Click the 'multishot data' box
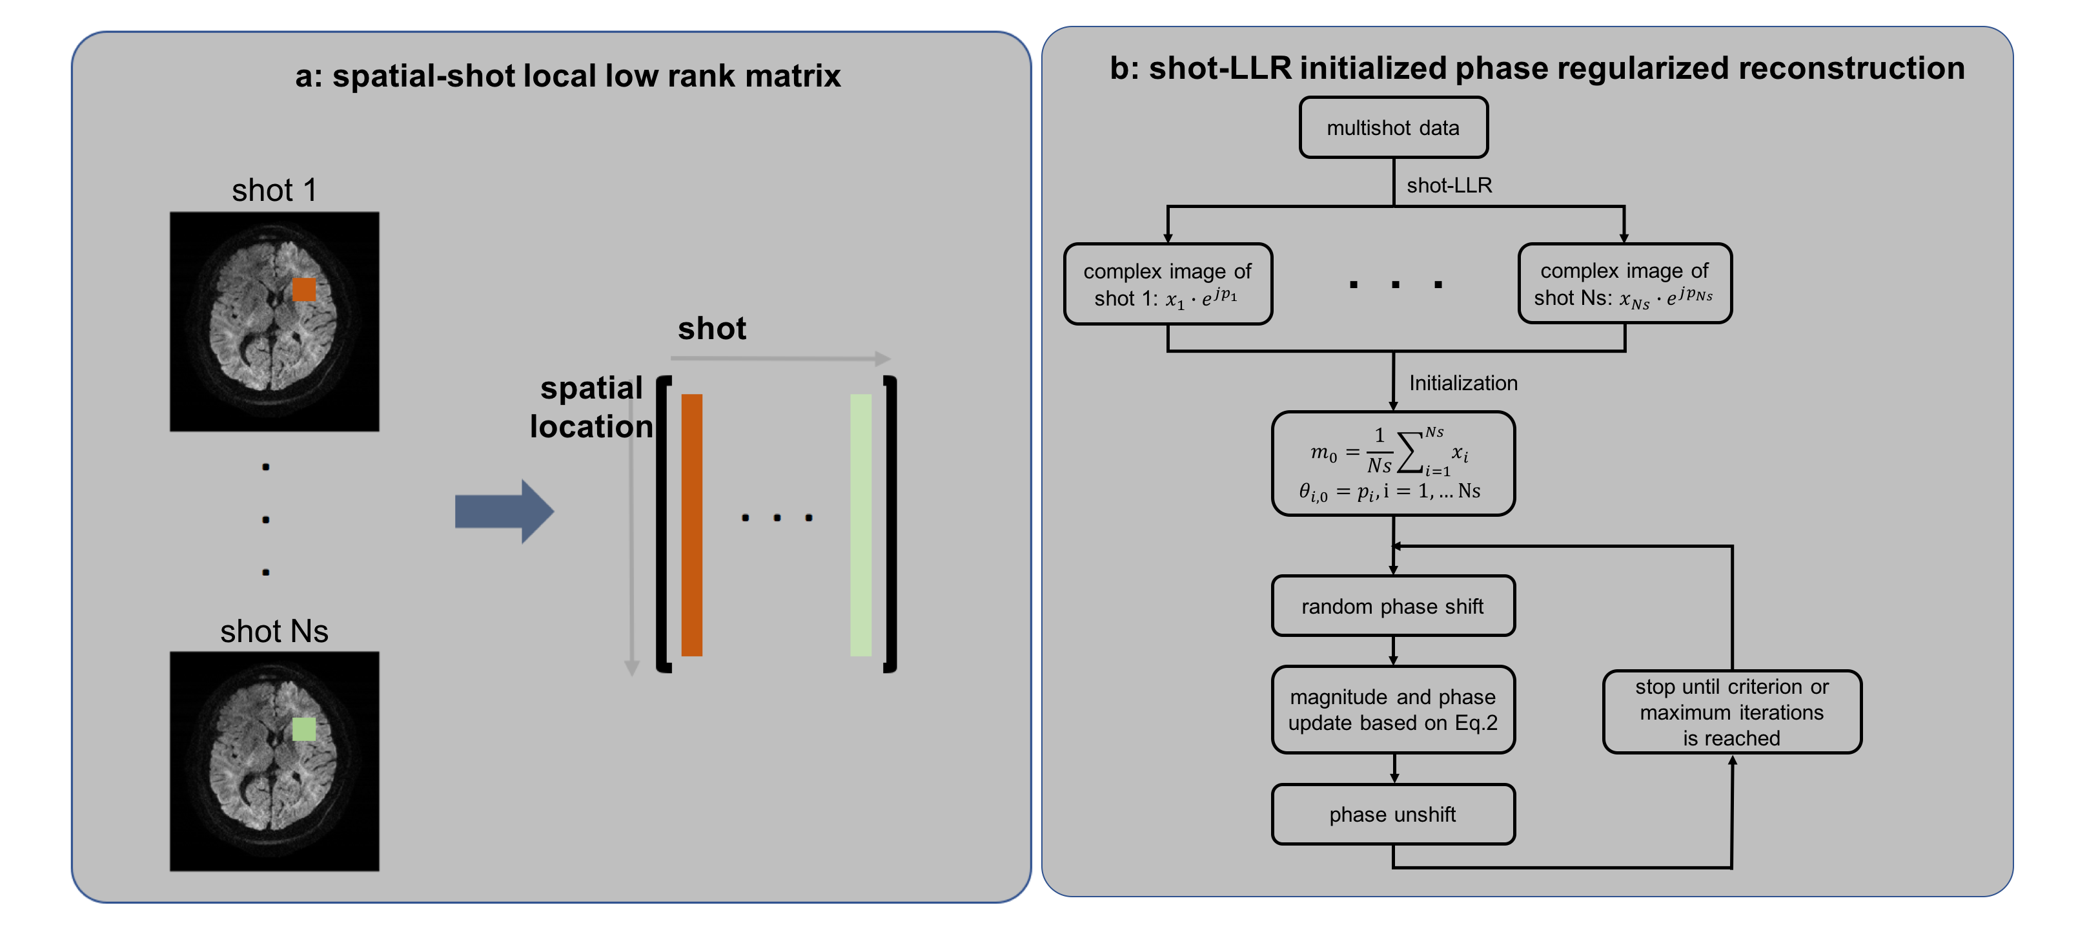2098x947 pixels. coord(1392,128)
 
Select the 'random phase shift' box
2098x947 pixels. coord(1392,607)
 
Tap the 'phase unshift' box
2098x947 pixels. coord(1392,814)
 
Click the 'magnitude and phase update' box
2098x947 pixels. coord(1392,710)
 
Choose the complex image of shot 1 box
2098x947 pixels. coord(1168,284)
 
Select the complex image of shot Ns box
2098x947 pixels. coord(1624,284)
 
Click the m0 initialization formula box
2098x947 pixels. coord(1392,463)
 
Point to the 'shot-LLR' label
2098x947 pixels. coord(1449,186)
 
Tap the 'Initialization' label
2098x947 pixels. coord(1463,383)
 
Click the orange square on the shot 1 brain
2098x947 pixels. coord(304,289)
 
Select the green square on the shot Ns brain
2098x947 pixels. coord(304,729)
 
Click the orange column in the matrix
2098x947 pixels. coord(691,525)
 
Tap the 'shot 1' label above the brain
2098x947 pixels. coord(274,190)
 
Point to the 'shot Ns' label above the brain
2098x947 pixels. coord(274,632)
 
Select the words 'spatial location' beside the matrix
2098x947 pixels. coord(591,408)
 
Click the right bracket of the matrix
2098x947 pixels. coord(890,524)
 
